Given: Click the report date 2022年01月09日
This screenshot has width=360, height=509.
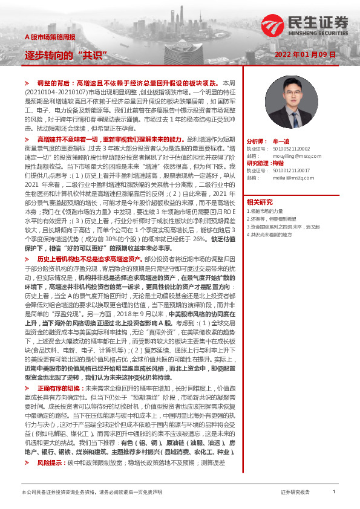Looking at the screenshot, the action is pos(308,54).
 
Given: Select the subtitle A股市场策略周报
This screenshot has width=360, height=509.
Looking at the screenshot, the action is pos(50,37).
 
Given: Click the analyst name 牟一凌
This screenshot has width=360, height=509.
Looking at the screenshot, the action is pos(281,139).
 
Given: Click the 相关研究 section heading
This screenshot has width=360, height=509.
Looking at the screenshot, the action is pos(260,201).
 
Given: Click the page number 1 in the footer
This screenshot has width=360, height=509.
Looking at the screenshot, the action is pos(333,493).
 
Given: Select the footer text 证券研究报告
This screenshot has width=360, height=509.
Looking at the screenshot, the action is pos(295,493).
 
